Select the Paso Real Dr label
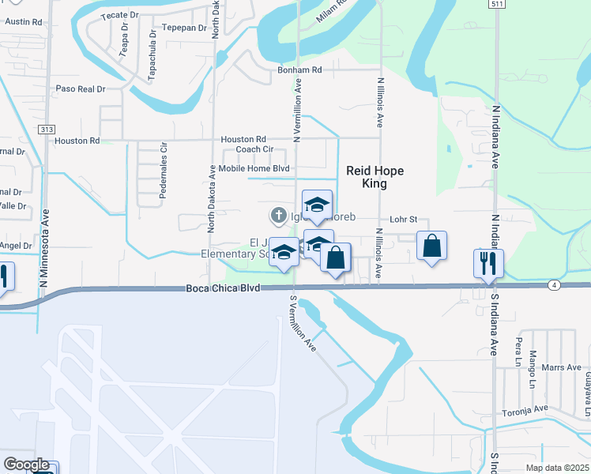[80, 89]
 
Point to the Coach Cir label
[254, 149]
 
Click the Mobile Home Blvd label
[254, 168]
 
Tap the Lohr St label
[403, 220]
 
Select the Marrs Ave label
[562, 367]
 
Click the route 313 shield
[47, 130]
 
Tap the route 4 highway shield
[556, 284]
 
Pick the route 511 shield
[495, 4]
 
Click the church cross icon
[278, 214]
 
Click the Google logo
[26, 465]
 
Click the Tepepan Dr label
[183, 28]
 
